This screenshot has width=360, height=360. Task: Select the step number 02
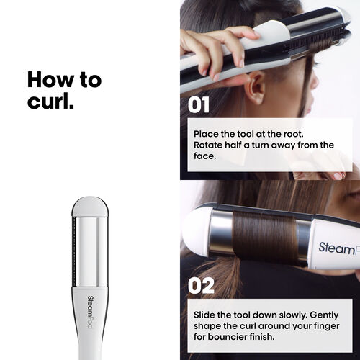[200, 285]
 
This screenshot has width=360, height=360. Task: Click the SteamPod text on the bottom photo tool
[338, 248]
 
